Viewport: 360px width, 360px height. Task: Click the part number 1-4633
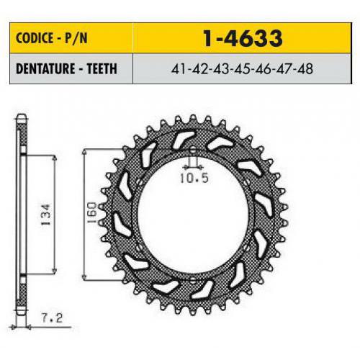pos(242,38)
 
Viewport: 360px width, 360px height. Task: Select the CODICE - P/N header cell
pos(71,38)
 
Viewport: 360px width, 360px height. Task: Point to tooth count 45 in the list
pos(242,69)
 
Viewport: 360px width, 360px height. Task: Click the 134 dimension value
pos(45,215)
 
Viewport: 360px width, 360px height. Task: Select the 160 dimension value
pos(91,213)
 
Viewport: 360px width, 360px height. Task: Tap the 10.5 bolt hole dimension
pos(194,178)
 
